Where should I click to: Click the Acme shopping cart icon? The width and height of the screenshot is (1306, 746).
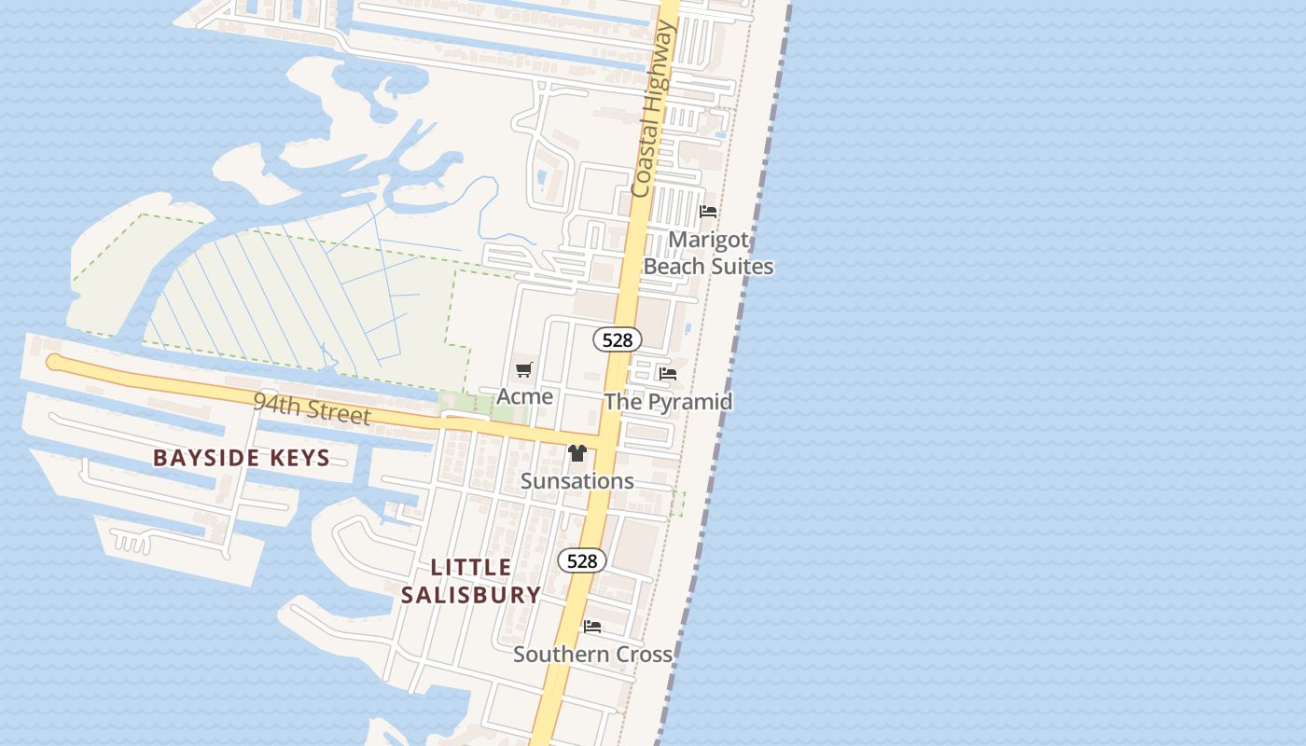click(x=523, y=370)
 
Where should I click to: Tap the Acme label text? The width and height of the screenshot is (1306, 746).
click(x=524, y=396)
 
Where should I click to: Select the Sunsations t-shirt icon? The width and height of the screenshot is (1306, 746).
click(x=577, y=453)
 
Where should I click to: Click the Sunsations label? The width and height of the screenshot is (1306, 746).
click(x=577, y=481)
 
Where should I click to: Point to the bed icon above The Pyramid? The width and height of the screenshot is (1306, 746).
click(x=668, y=374)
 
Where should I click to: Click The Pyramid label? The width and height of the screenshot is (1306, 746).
click(x=668, y=402)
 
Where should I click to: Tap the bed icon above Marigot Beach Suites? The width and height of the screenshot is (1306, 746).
click(x=708, y=212)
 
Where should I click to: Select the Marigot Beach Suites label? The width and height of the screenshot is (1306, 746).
click(x=709, y=253)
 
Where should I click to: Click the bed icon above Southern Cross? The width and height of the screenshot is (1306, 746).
click(x=592, y=627)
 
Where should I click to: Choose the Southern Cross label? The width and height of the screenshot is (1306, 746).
click(x=592, y=655)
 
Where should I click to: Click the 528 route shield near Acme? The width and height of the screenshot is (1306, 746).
click(x=618, y=340)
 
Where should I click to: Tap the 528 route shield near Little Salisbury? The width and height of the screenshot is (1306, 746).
click(x=582, y=560)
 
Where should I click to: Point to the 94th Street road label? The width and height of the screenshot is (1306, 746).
click(x=312, y=408)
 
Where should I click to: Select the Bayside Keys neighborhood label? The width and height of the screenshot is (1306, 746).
click(x=242, y=458)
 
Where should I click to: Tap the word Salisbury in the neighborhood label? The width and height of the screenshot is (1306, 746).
click(x=471, y=595)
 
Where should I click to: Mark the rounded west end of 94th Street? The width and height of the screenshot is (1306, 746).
click(x=53, y=362)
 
